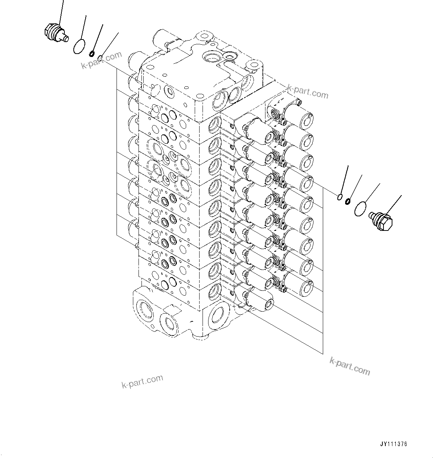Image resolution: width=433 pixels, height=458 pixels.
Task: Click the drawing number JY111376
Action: pyautogui.click(x=394, y=444)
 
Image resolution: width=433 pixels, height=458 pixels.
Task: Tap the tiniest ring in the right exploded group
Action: pyautogui.click(x=340, y=197)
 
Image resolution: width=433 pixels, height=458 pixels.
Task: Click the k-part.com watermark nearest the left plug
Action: pyautogui.click(x=102, y=60)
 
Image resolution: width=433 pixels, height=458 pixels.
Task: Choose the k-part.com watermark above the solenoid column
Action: pyautogui.click(x=308, y=92)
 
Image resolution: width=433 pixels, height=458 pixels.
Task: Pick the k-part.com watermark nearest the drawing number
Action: pyautogui.click(x=350, y=366)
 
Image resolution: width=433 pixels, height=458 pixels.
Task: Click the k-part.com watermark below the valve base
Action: pyautogui.click(x=142, y=381)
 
